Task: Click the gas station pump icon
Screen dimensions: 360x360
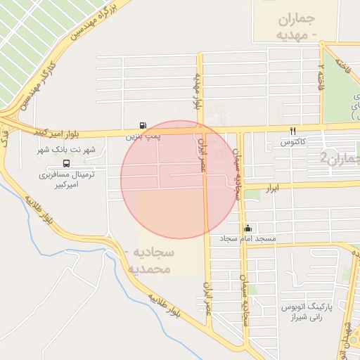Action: tap(143, 122)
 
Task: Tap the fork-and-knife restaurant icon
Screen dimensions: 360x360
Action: tap(292, 131)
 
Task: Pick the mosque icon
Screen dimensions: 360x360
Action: tap(247, 228)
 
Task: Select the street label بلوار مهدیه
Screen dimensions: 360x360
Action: tap(198, 91)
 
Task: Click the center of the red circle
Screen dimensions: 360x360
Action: tap(180, 180)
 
